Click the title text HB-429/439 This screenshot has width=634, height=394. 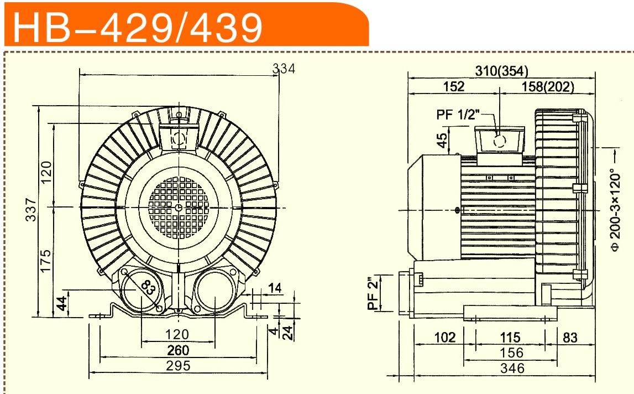[x=138, y=27]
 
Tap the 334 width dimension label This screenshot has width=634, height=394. [x=284, y=69]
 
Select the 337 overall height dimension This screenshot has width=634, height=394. [x=31, y=209]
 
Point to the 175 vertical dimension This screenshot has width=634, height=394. [x=46, y=261]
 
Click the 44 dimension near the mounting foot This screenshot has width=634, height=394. [x=61, y=303]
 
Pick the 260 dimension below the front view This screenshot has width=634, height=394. [x=178, y=350]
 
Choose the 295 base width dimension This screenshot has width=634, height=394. [x=178, y=366]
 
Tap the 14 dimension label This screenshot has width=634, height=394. [x=275, y=288]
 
